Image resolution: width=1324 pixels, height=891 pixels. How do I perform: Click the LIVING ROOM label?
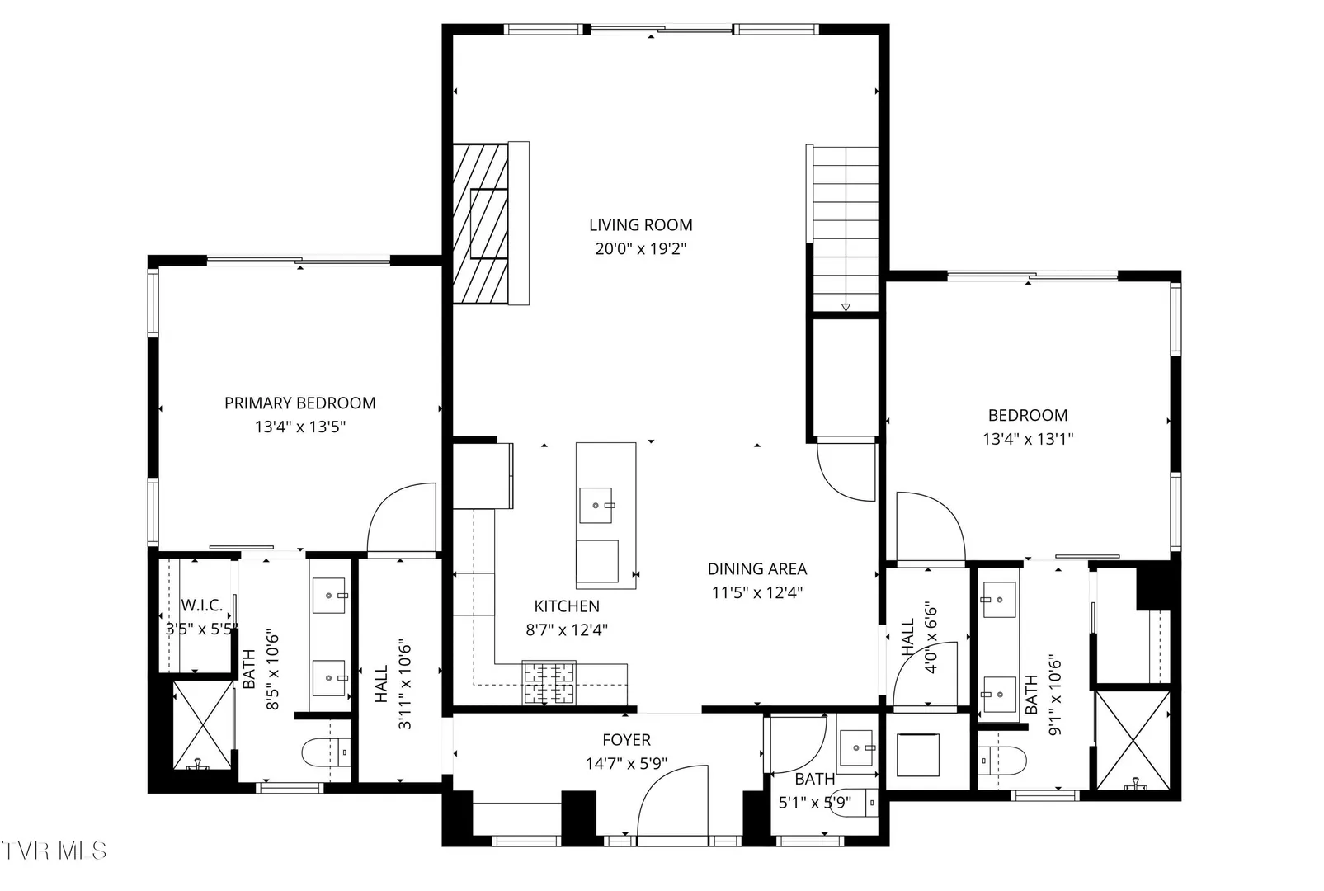641,225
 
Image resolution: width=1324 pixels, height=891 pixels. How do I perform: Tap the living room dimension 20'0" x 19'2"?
641,249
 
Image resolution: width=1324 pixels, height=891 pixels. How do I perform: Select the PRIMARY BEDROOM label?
299,403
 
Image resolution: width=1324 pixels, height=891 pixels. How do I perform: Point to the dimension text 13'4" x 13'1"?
1028,439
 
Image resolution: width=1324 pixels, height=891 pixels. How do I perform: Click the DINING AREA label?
757,568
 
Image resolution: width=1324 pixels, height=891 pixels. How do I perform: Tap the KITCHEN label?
567,606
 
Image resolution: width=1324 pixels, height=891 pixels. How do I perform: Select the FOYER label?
627,740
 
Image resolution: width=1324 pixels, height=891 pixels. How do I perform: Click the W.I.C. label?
201,606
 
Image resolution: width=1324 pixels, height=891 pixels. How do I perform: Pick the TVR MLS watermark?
54,851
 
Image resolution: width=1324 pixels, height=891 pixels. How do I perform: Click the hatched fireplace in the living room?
481,224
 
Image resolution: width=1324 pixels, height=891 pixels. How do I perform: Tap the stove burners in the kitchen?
549,683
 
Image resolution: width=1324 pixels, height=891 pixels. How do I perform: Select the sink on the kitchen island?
596,506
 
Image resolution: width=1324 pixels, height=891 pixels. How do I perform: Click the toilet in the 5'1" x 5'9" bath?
854,803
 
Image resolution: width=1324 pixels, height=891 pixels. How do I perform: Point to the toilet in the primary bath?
327,752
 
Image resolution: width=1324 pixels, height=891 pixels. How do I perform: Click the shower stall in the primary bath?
203,725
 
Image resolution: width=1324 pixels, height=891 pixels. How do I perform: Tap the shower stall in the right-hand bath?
1133,740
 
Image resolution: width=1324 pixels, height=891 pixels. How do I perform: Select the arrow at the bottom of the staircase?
846,308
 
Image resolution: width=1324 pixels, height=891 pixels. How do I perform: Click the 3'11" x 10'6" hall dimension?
404,684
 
